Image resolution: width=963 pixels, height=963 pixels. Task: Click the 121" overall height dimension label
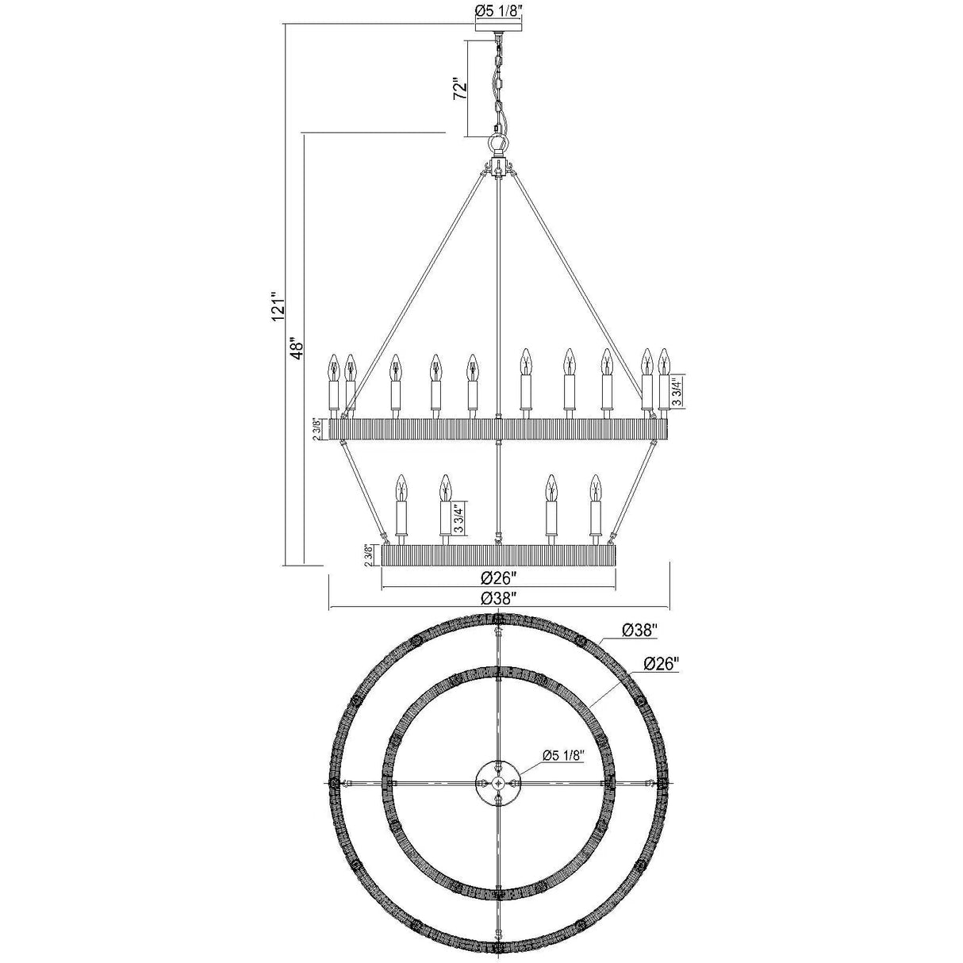coord(278,306)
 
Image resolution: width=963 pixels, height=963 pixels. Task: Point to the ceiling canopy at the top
coord(497,26)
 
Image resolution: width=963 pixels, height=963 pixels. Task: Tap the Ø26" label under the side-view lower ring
coord(498,578)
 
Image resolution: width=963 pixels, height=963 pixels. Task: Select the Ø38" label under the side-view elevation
coord(498,599)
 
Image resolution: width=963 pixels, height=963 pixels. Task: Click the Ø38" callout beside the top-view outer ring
coord(639,631)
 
